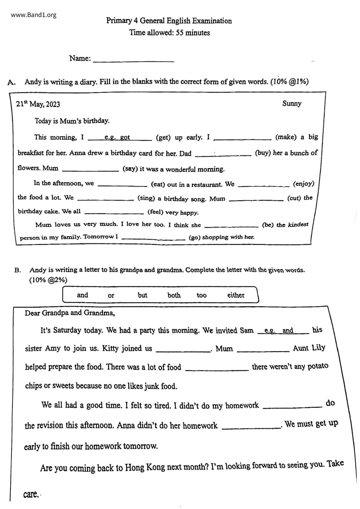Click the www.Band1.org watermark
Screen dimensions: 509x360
click(34, 15)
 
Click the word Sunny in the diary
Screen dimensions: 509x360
click(292, 104)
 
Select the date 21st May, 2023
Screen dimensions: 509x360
click(38, 104)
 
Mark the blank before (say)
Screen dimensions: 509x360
click(91, 169)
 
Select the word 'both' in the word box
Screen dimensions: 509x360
click(174, 295)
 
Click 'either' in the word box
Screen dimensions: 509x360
click(236, 295)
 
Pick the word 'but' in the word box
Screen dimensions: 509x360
click(143, 295)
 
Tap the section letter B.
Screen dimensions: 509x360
click(17, 270)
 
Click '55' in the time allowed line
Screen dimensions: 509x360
click(180, 33)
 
